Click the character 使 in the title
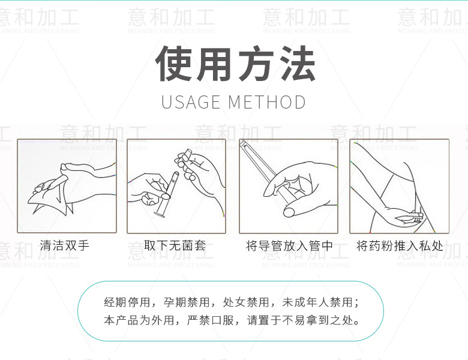point(173,64)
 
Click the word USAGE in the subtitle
point(191,102)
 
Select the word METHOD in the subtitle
point(266,102)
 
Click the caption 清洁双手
point(64,245)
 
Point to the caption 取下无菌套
point(175,245)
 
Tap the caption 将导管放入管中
point(289,246)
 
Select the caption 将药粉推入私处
point(400,246)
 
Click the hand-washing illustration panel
point(67,186)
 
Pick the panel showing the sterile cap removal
point(176,186)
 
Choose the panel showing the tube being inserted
point(289,186)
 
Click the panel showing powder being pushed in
point(400,186)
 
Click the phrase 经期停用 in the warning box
point(127,302)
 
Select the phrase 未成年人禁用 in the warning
point(317,302)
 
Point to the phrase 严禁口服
point(211,320)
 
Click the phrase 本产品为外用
point(139,320)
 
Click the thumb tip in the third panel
point(289,212)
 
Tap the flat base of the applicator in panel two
point(159,214)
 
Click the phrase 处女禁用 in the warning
point(246,302)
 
